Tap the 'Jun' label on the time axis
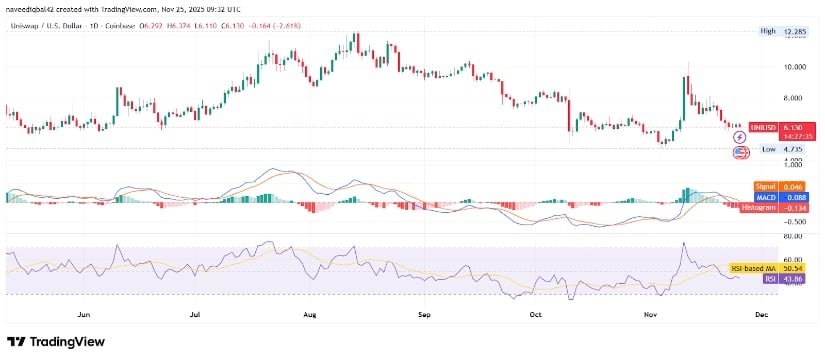84,313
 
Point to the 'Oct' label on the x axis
535,313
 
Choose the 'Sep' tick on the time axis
424,313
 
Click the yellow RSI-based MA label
750,268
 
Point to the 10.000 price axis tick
795,67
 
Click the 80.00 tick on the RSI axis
795,236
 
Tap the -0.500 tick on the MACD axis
795,222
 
